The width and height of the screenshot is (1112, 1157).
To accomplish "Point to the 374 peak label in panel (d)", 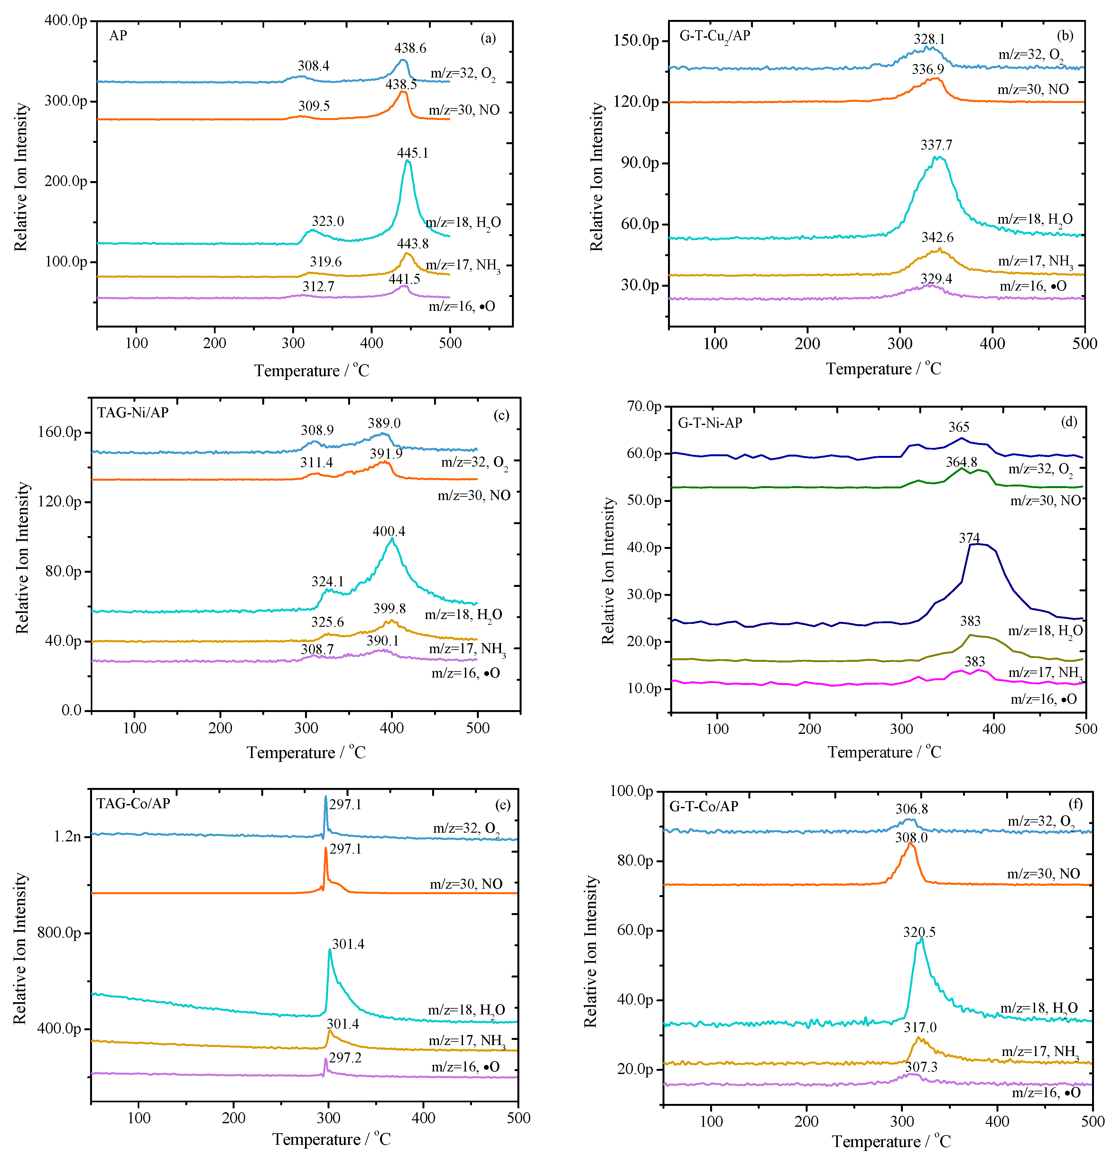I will click(x=969, y=538).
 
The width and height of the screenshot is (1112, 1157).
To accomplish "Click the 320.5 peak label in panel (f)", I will click(x=919, y=932).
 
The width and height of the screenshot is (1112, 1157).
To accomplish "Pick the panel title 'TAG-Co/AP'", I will click(x=134, y=803).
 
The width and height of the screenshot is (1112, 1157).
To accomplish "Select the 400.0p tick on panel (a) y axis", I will click(x=66, y=21).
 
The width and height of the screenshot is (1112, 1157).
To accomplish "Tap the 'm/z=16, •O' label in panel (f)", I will click(x=1046, y=1093).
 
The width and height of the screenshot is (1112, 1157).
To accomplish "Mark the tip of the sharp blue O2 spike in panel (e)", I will click(x=325, y=797).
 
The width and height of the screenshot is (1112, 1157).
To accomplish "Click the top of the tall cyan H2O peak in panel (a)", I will click(x=407, y=161).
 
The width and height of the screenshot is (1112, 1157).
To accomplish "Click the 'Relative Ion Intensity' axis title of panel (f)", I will click(x=591, y=950).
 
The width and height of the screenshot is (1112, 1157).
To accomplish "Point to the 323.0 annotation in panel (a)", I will click(x=328, y=221).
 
